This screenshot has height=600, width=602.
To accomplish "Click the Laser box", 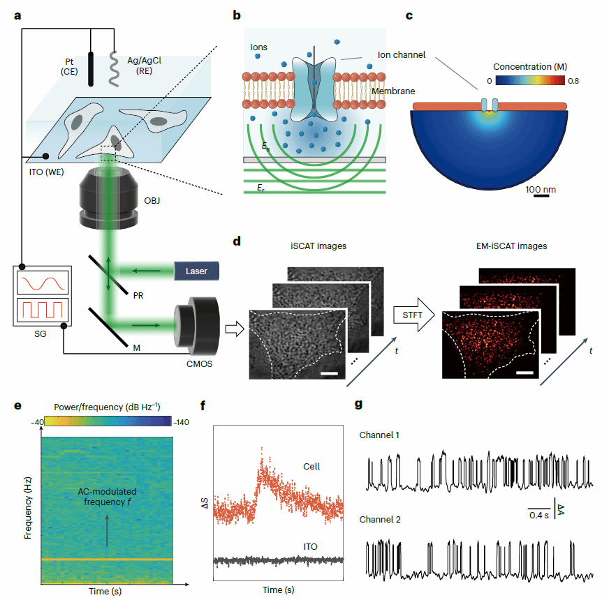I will [x=196, y=270].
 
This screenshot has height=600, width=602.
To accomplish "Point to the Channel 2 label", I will [x=381, y=520].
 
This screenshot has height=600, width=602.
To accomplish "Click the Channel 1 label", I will [x=381, y=435].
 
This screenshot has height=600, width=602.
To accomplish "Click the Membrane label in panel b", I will [x=393, y=91].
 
